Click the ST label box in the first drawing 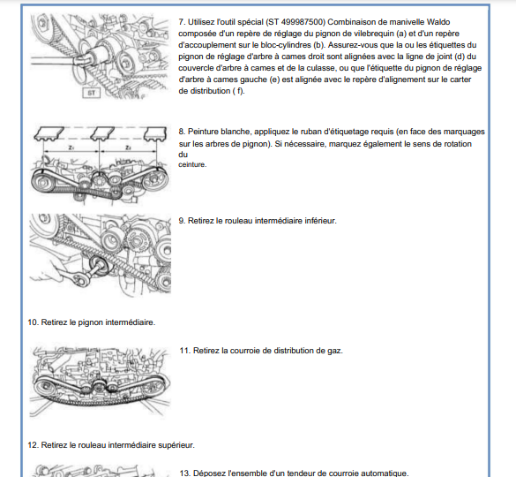(91, 93)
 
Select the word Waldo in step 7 (438, 22)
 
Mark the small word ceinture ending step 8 (192, 164)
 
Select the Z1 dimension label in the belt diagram (71, 148)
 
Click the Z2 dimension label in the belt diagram (128, 148)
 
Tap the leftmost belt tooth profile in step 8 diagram (49, 133)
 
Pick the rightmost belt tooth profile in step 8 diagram (155, 133)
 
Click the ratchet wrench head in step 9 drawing (80, 279)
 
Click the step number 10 (34, 322)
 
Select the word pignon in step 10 (90, 322)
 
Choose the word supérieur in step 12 (176, 445)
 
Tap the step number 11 (185, 351)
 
